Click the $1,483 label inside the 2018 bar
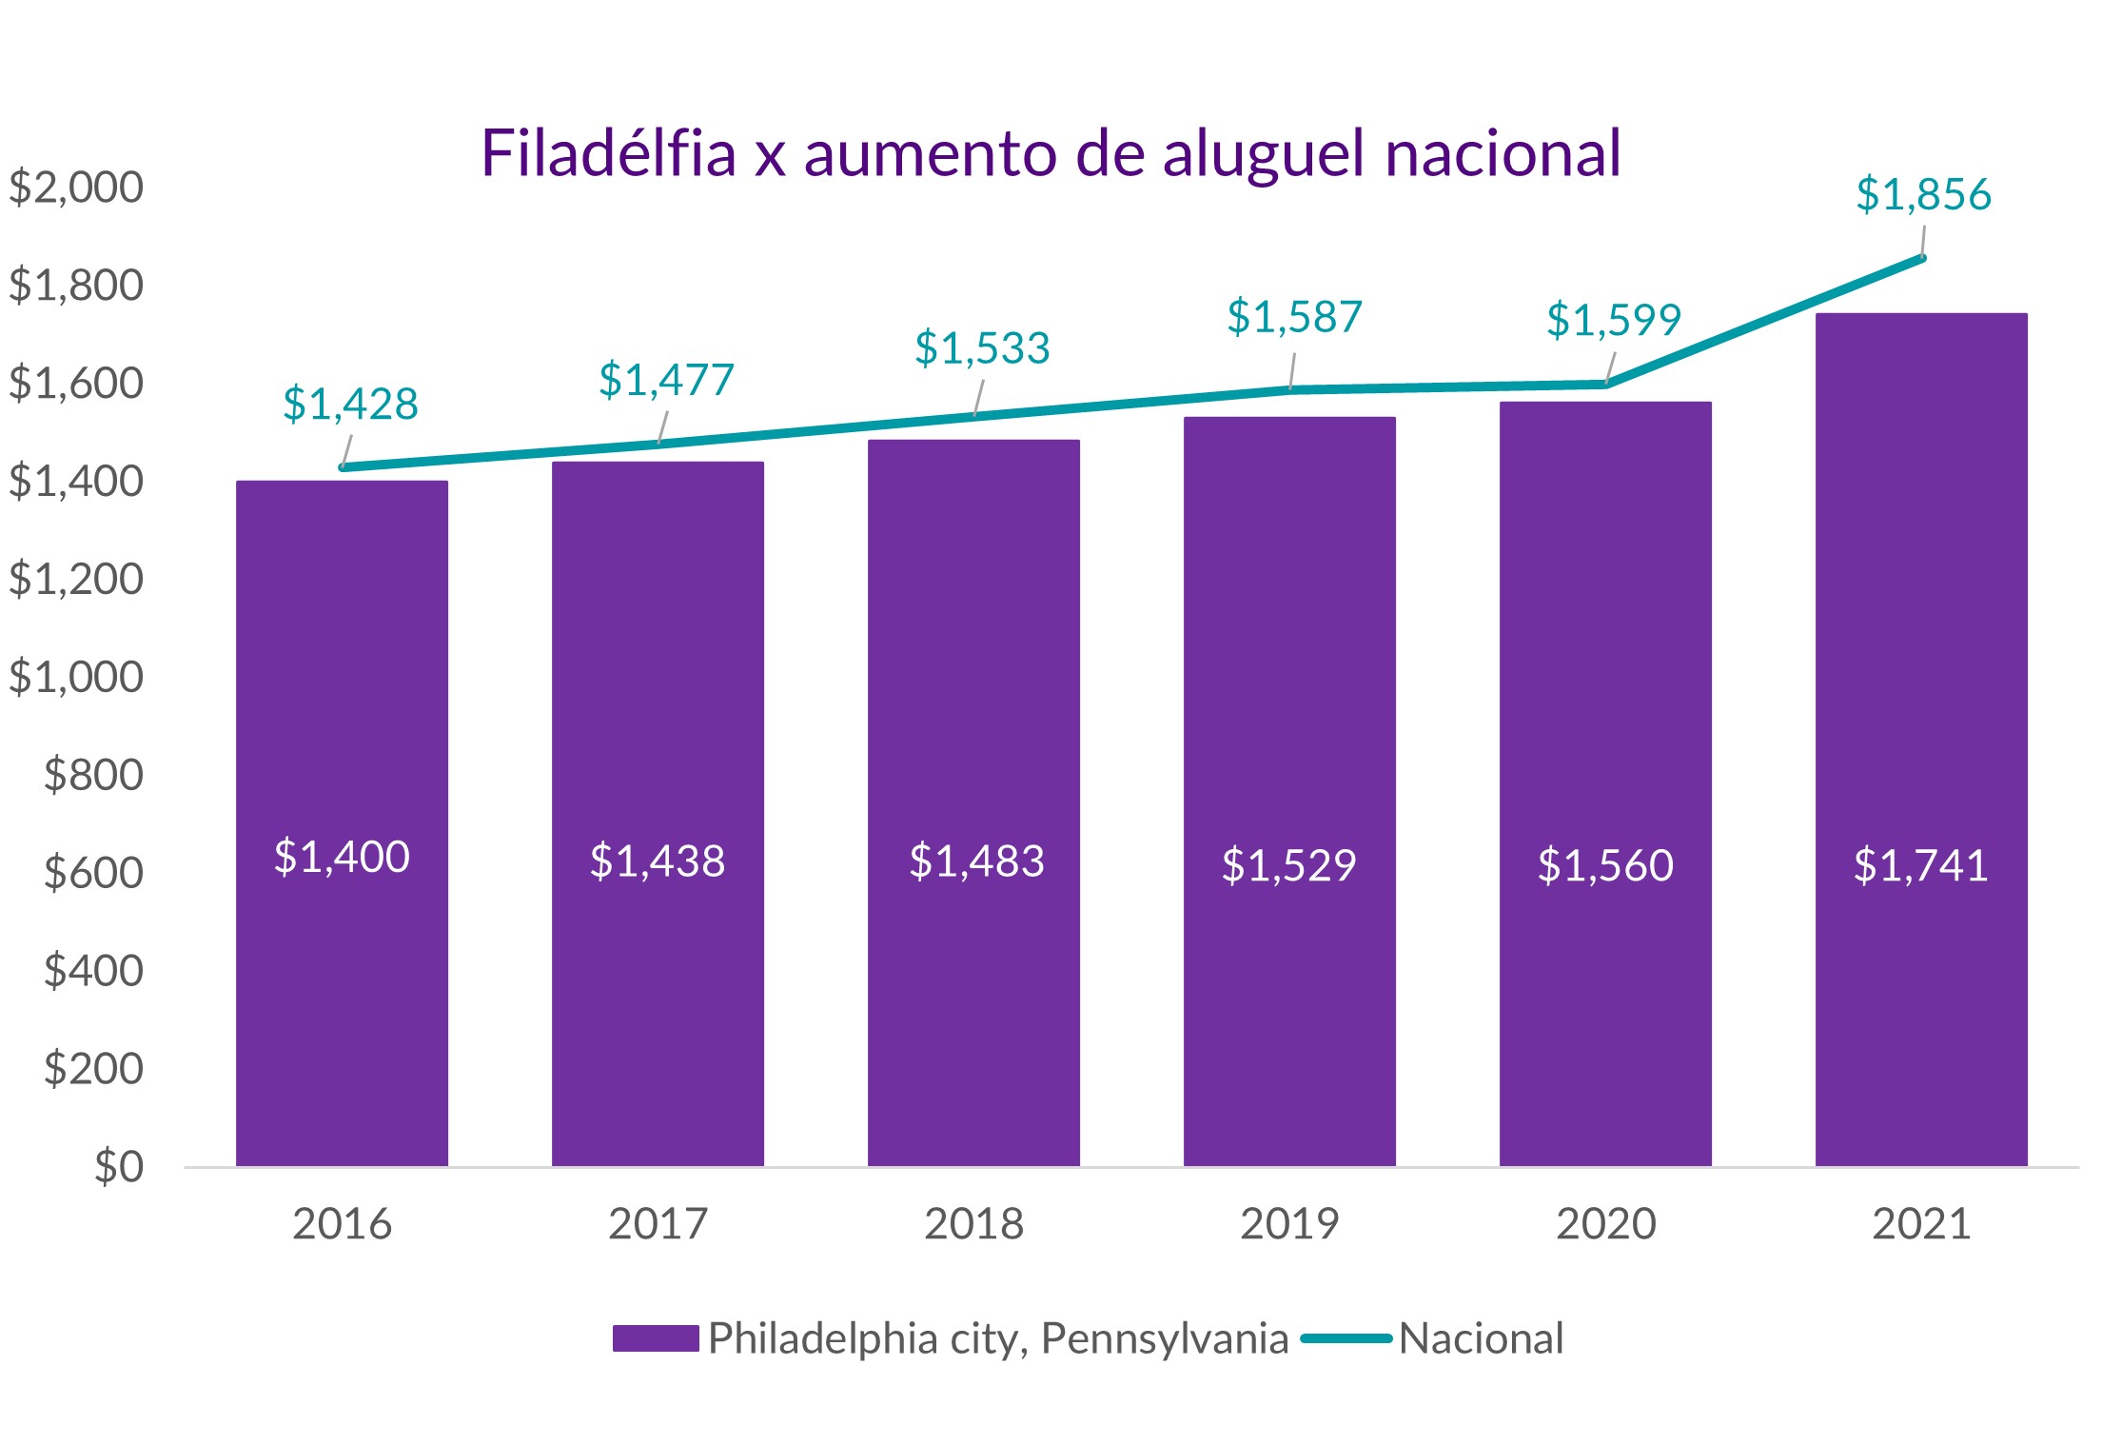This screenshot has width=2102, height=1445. pyautogui.click(x=976, y=861)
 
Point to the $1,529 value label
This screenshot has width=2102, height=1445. pyautogui.click(x=1288, y=864)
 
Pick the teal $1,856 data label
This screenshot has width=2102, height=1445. pyautogui.click(x=1922, y=194)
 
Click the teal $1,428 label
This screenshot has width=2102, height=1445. pyautogui.click(x=350, y=404)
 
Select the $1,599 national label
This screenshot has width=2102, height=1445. pyautogui.click(x=1613, y=319)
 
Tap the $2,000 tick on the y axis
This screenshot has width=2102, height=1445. pyautogui.click(x=76, y=187)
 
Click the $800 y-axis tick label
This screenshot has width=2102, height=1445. pyautogui.click(x=93, y=774)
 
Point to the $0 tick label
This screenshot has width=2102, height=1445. pyautogui.click(x=119, y=1166)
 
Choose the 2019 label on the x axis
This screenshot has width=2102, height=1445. pyautogui.click(x=1289, y=1223)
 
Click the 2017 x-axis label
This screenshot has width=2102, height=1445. pyautogui.click(x=658, y=1223)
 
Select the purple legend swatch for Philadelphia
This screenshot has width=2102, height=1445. pyautogui.click(x=656, y=1337)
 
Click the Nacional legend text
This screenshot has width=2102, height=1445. pyautogui.click(x=1481, y=1338)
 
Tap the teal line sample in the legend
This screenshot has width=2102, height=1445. pyautogui.click(x=1346, y=1337)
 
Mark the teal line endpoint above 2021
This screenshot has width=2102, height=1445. pyautogui.click(x=1921, y=258)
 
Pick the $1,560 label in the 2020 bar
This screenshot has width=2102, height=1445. pyautogui.click(x=1605, y=864)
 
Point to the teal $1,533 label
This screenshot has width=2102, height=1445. pyautogui.click(x=982, y=347)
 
